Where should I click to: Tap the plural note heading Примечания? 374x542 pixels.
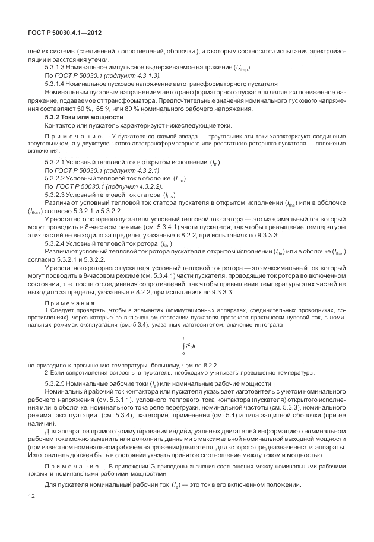click(66, 302)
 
